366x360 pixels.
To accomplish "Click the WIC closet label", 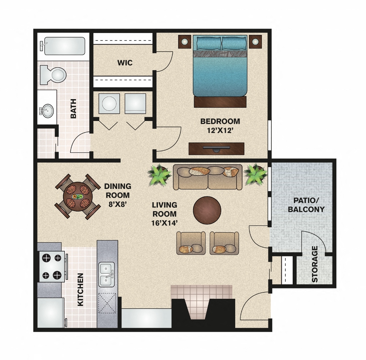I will [125, 63].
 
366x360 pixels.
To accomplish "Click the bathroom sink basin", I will [46, 111].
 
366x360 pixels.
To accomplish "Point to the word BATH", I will [73, 109].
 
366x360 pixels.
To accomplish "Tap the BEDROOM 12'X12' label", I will [220, 126].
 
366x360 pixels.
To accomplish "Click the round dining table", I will [78, 196].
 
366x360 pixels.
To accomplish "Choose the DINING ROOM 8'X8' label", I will [118, 195].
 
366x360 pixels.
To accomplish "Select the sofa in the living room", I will [208, 177].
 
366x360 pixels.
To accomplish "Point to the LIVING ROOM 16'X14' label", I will [164, 214].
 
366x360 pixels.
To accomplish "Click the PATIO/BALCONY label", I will [306, 205].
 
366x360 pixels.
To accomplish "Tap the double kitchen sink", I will [107, 274].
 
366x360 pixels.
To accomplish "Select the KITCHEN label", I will [80, 290].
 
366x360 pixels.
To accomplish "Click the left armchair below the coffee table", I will [191, 243].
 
